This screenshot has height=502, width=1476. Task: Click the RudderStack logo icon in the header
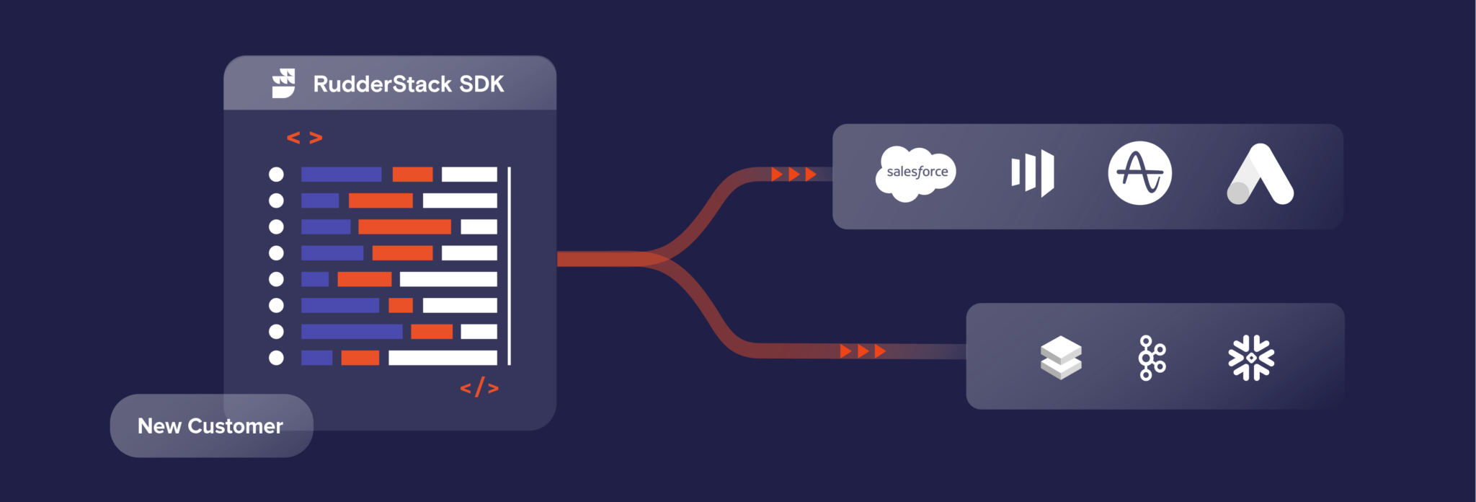coord(283,84)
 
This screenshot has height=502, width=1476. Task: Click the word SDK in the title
coord(481,84)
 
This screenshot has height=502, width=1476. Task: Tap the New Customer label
coord(210,426)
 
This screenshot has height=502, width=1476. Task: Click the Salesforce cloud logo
coord(916,173)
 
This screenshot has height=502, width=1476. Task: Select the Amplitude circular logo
coord(1139,173)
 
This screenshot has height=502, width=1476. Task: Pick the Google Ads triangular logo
coord(1260,175)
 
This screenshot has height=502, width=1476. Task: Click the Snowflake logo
coord(1251,358)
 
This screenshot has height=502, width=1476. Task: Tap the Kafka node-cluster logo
coord(1152,358)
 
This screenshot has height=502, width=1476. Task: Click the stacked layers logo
coord(1061,358)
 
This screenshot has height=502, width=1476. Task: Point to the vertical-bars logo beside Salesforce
coord(1033,173)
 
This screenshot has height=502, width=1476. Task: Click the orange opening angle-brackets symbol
coord(305,138)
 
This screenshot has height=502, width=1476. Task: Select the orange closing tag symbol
coord(479,388)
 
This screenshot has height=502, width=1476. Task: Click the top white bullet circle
coord(276,175)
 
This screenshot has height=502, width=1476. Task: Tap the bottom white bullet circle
coord(276,358)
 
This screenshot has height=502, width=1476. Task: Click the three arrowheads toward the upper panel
coord(793,175)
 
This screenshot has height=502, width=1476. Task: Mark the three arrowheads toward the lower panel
coord(863,351)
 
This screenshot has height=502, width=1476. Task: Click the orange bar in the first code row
coord(412,175)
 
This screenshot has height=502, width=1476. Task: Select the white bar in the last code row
coord(443,358)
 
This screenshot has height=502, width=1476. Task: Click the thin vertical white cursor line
coord(510,265)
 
